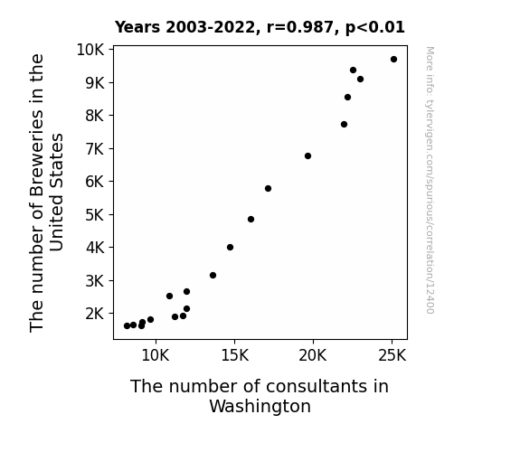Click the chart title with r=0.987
coord(260,27)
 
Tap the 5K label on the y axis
coord(95,215)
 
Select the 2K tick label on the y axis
coord(95,314)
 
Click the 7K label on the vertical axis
coord(95,149)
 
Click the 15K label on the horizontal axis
coord(235,355)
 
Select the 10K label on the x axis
coord(156,355)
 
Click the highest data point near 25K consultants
coord(393,60)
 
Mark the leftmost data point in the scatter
coord(127,326)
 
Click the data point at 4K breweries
coord(230,247)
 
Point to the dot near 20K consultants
coord(307,155)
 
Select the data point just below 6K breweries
coord(268,188)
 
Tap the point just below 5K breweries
coord(251,219)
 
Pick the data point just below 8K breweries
coord(344,125)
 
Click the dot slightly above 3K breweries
coord(213,275)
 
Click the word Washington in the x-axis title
coord(260,407)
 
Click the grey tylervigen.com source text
coord(430,180)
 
